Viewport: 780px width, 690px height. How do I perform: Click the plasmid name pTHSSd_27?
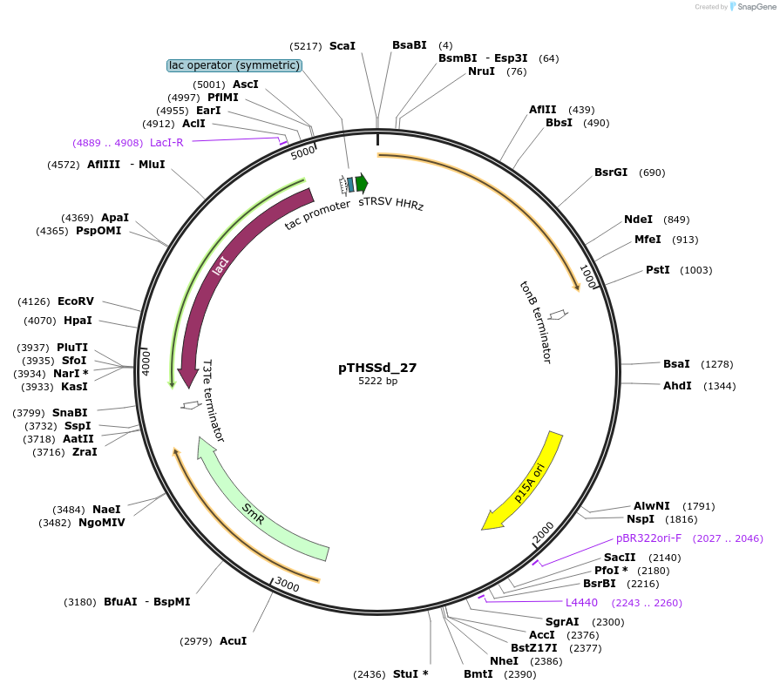coord(377,368)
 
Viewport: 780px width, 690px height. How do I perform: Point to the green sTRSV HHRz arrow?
coord(362,183)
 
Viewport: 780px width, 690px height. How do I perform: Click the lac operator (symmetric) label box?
coord(234,65)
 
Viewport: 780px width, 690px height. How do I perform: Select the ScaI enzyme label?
coord(343,45)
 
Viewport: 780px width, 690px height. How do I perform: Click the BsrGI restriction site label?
coord(611,172)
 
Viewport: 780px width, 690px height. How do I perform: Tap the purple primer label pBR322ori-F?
coord(648,538)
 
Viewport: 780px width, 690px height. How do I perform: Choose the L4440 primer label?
coord(581,603)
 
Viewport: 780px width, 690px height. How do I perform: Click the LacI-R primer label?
coord(166,142)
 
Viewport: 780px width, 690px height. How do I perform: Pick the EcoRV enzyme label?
coord(76,301)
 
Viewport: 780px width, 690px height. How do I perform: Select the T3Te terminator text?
coord(214,401)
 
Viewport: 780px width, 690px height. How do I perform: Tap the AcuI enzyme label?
coord(233,641)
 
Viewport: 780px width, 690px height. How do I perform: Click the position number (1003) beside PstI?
coord(696,270)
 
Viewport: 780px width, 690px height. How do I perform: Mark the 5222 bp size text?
coord(377,382)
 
